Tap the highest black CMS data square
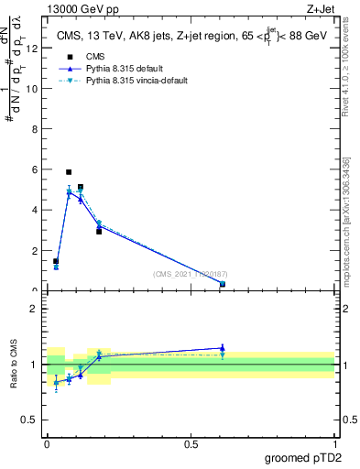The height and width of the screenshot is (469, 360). tap(69, 172)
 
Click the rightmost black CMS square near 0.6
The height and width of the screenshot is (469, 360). tap(223, 284)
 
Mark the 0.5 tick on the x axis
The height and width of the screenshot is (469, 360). tap(191, 444)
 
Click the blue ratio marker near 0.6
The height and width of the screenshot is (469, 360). tap(223, 348)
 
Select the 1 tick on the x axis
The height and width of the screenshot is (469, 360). tap(334, 444)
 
